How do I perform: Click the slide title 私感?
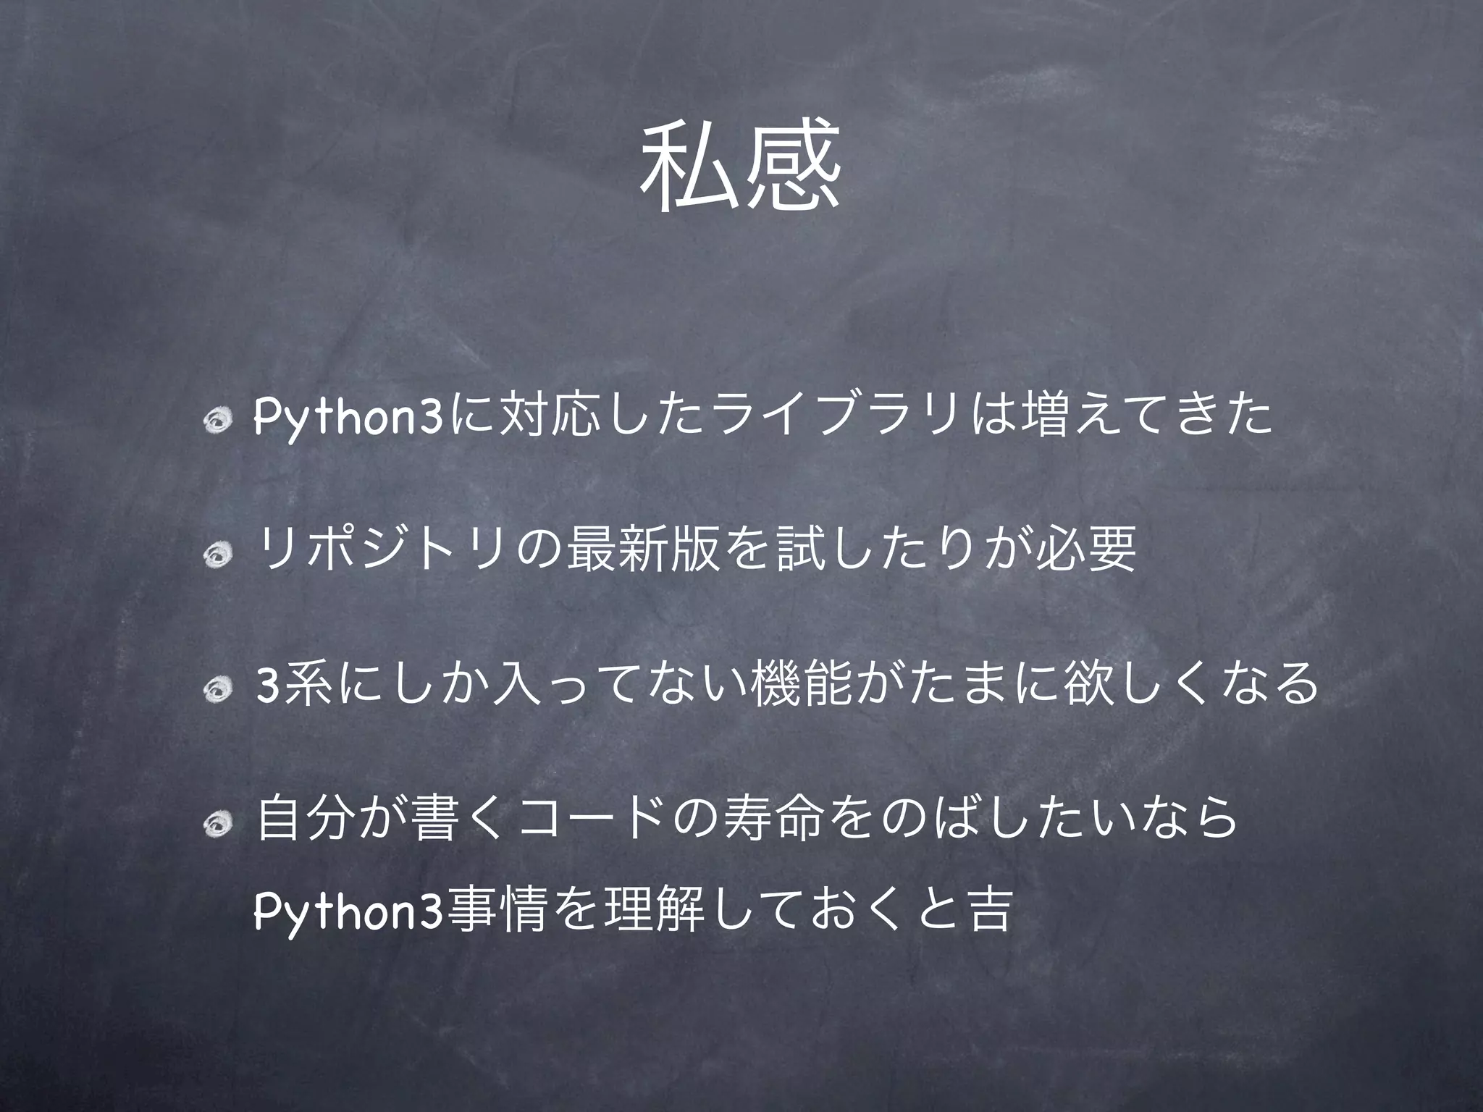[740, 167]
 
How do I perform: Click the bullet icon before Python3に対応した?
[217, 422]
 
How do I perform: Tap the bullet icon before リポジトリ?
[217, 556]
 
